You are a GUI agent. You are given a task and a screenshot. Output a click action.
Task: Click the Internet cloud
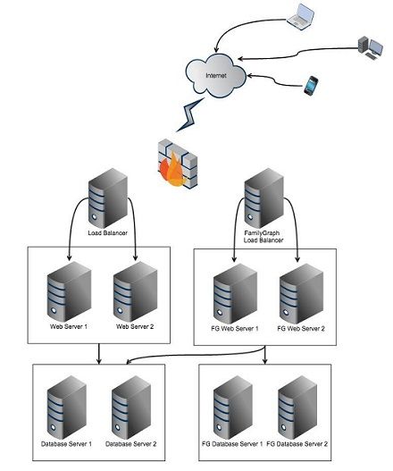coord(215,75)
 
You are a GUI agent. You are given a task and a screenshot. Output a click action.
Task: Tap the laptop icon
coord(300,16)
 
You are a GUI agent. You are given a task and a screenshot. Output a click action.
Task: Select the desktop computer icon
coord(370,47)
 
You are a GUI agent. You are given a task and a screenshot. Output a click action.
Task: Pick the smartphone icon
coord(311,86)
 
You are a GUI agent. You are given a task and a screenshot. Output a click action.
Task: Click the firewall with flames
coord(178,164)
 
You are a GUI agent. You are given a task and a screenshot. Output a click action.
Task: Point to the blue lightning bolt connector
coord(189,114)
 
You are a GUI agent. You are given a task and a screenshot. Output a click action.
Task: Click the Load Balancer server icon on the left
coord(108,198)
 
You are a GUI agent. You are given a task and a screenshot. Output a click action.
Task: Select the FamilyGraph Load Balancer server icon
coord(264,198)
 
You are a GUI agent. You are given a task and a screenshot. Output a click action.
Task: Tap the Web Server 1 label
coord(69,326)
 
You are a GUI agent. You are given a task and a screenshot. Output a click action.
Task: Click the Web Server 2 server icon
coord(136,291)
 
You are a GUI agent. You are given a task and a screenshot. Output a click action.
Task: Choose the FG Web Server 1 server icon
coord(236,294)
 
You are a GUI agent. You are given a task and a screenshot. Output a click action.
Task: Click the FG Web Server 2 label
coord(301,329)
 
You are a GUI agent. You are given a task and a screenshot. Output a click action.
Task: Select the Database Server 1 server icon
coord(67,408)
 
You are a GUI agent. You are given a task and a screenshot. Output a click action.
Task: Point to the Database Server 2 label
coord(131,444)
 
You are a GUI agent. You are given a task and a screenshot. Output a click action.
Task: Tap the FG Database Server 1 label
coord(232,444)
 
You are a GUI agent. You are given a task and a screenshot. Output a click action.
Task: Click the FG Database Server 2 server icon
coord(297,408)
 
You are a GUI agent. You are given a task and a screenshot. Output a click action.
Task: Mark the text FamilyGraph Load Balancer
coord(263,237)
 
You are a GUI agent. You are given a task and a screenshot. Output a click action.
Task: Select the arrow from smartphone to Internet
coord(276,81)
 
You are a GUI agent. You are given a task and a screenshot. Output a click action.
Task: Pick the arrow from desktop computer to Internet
coord(298,54)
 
